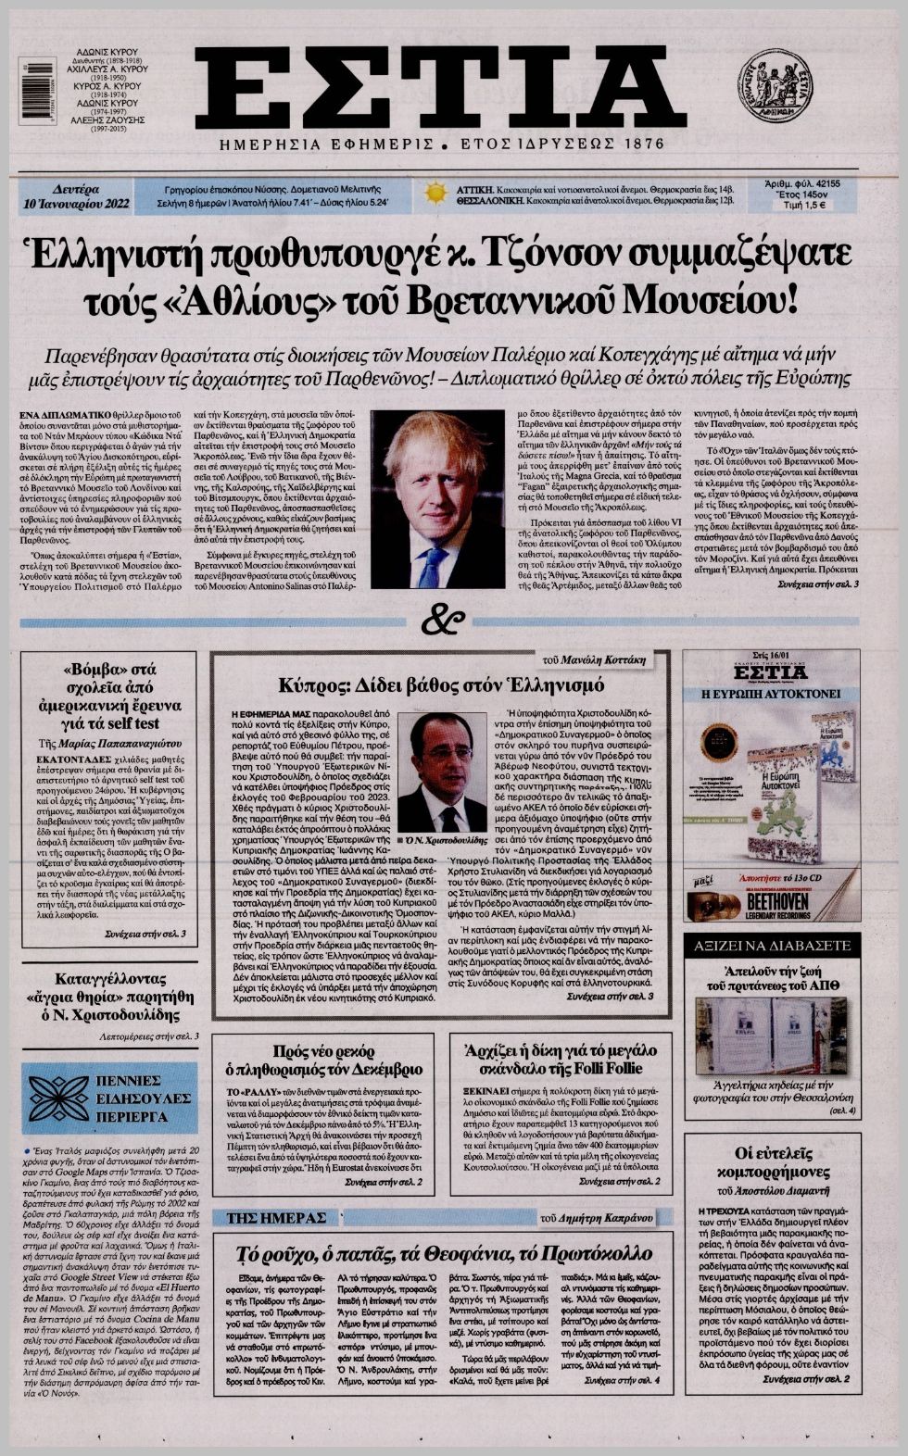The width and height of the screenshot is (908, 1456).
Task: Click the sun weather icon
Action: (x=435, y=193)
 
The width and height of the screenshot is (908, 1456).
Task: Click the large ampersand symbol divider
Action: (x=448, y=621)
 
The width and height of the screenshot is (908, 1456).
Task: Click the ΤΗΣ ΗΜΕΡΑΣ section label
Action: (x=271, y=1216)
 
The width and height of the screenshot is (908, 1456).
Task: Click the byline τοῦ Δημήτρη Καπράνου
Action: (x=602, y=1217)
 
